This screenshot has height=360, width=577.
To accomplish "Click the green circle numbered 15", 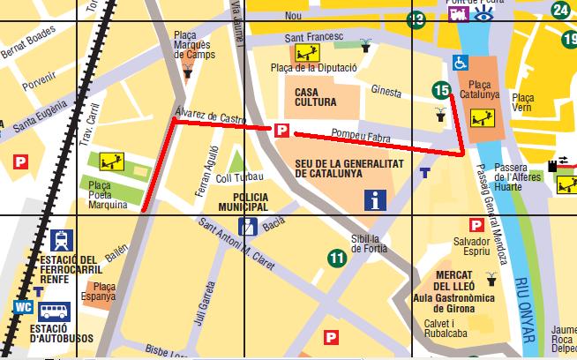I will (x=442, y=89).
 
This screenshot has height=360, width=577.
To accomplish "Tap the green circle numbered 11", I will (x=336, y=259).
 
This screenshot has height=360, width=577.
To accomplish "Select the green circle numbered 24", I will (x=560, y=10).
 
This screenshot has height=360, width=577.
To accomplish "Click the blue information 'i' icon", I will (x=376, y=200).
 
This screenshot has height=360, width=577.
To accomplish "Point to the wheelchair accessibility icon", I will (x=460, y=63).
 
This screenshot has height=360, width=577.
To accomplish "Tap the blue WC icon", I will (x=24, y=308).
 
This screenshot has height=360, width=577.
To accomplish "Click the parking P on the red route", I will (x=281, y=131).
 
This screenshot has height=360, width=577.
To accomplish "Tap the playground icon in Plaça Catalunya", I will (x=483, y=116).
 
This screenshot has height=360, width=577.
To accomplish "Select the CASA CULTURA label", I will (x=316, y=96).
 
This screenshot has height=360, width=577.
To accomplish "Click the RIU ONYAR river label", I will (x=528, y=309).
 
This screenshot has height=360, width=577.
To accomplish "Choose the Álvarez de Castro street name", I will (x=210, y=116).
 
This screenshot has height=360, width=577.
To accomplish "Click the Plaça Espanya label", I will (x=104, y=292).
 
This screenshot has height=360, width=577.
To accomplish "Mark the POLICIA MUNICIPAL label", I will (x=237, y=201).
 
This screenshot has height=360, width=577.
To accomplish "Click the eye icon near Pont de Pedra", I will (x=483, y=15).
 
